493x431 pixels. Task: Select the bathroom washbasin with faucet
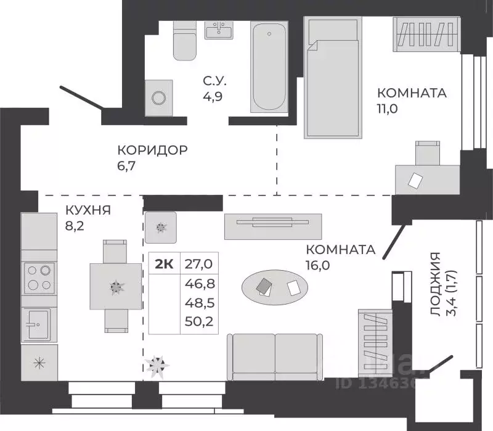coord(218,31)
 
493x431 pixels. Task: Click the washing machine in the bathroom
coord(158,97)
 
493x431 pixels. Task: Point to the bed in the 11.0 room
coord(333,77)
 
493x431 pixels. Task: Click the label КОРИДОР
coord(152,150)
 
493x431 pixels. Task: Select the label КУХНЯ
coord(88,210)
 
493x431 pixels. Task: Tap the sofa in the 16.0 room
coord(275,356)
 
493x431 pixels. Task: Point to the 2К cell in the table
coord(164,264)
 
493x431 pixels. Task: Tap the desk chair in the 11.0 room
coord(427,152)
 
